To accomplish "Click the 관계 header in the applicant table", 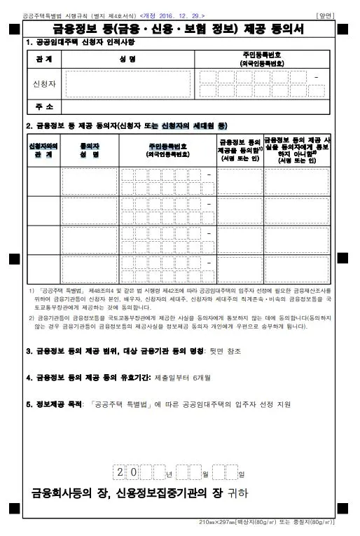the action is [43, 60].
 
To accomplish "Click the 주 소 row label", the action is [43, 106].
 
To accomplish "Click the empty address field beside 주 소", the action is [196, 106].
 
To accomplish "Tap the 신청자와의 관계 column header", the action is [43, 149].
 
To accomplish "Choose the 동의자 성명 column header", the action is [90, 149].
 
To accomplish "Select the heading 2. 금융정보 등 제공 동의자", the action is [127, 125].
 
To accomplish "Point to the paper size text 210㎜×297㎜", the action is [219, 523].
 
